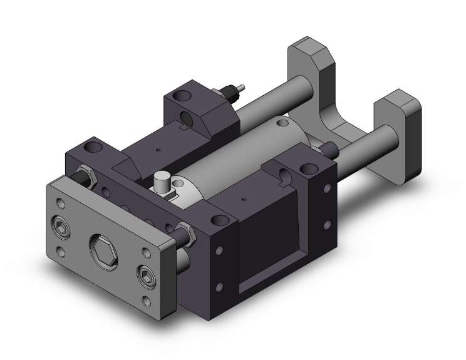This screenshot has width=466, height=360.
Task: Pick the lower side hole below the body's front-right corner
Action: [219, 287]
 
